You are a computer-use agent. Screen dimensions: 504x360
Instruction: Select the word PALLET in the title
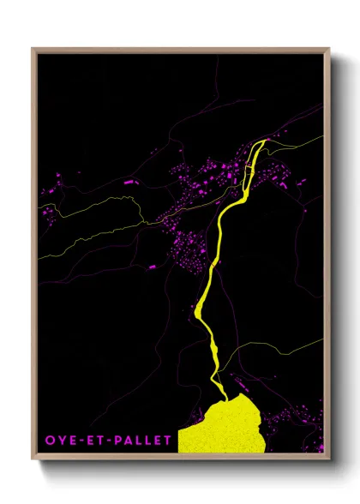point(141,441)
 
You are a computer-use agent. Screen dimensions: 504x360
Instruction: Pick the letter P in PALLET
point(116,441)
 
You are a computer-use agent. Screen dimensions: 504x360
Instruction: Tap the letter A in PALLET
point(126,441)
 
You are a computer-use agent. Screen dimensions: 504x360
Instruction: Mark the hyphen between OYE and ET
point(79,441)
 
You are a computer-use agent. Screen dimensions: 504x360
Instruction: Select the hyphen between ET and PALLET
point(106,441)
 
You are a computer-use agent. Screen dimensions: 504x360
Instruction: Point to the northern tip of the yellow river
point(265,141)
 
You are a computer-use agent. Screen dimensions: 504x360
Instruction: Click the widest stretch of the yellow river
point(205,309)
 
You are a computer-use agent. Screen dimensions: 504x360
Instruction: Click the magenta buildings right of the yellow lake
point(283,420)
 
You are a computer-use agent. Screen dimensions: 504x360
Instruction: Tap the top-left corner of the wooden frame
point(33,49)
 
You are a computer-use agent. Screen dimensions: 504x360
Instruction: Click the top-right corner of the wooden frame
point(329,49)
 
